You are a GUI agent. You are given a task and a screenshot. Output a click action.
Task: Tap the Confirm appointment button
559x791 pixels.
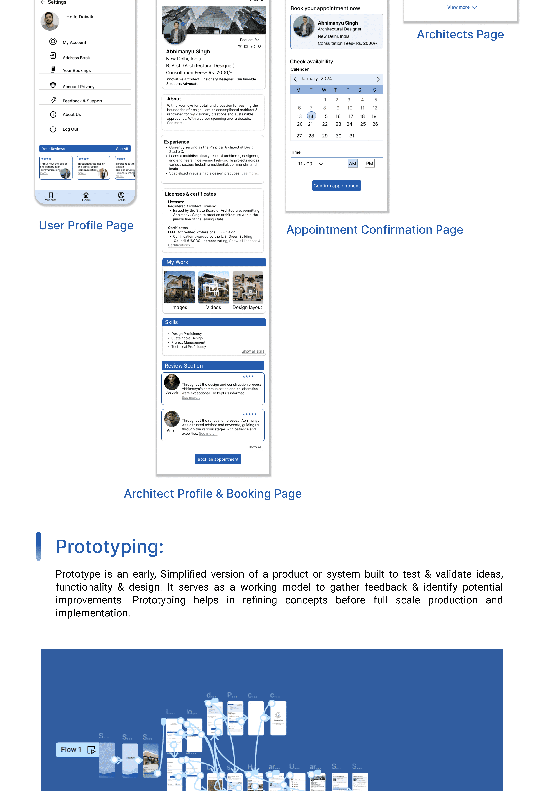[x=336, y=186]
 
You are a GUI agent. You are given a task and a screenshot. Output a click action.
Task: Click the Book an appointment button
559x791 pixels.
[x=218, y=459]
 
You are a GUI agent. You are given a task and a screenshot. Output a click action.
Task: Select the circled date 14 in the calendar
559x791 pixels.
[x=311, y=116]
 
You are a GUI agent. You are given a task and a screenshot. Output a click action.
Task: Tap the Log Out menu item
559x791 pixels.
[x=70, y=129]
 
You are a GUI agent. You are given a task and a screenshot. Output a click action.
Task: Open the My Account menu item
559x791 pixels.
[x=74, y=42]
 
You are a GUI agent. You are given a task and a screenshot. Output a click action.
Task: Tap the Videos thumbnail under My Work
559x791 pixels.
[x=214, y=287]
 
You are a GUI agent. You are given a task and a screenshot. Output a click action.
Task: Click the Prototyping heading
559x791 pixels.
[x=110, y=547]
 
